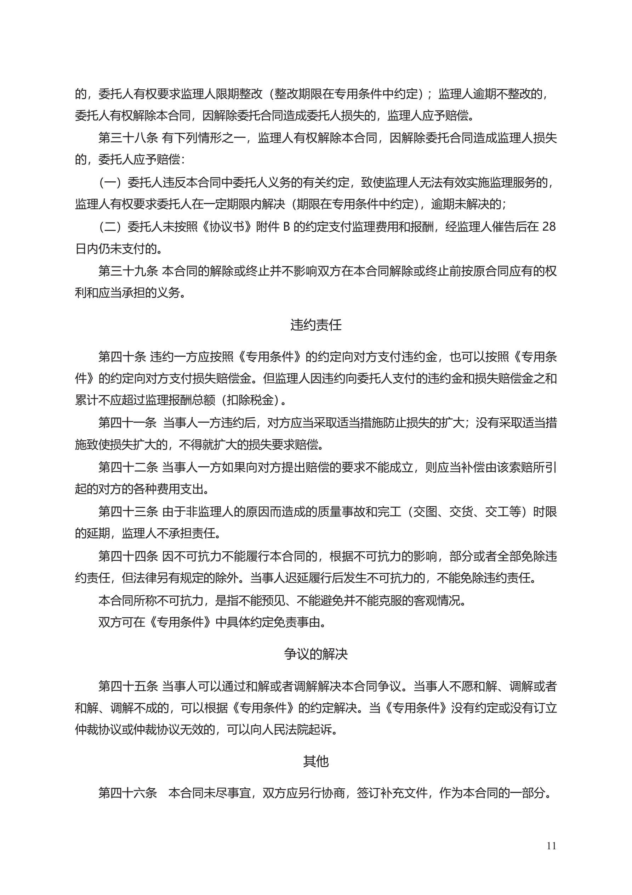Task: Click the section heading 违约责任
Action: tap(315, 325)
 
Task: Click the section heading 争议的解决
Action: tap(315, 654)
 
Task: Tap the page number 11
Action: tap(551, 845)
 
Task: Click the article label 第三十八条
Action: tap(128, 137)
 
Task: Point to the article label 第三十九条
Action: tap(128, 271)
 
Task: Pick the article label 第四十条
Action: tap(122, 356)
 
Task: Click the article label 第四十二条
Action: tap(128, 467)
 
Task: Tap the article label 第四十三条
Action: tap(128, 511)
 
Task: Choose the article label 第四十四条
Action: tap(128, 556)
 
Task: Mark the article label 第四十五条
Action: tap(128, 686)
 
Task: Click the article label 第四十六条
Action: tap(128, 793)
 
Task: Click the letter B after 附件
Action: tap(286, 226)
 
